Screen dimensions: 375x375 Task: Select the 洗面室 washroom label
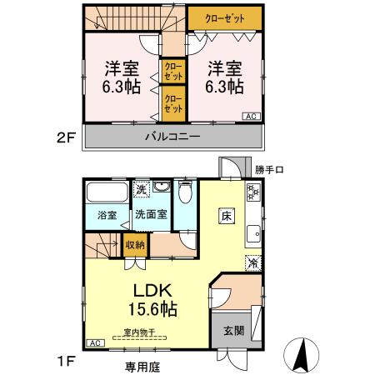click(x=152, y=215)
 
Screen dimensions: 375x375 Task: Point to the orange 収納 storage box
click(x=134, y=244)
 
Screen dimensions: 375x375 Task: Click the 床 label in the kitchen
click(x=226, y=216)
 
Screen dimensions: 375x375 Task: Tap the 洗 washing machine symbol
click(x=142, y=189)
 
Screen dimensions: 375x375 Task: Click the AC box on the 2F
click(x=251, y=117)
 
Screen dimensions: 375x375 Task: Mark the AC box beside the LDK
click(x=94, y=342)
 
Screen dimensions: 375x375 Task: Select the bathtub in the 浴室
click(x=108, y=192)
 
